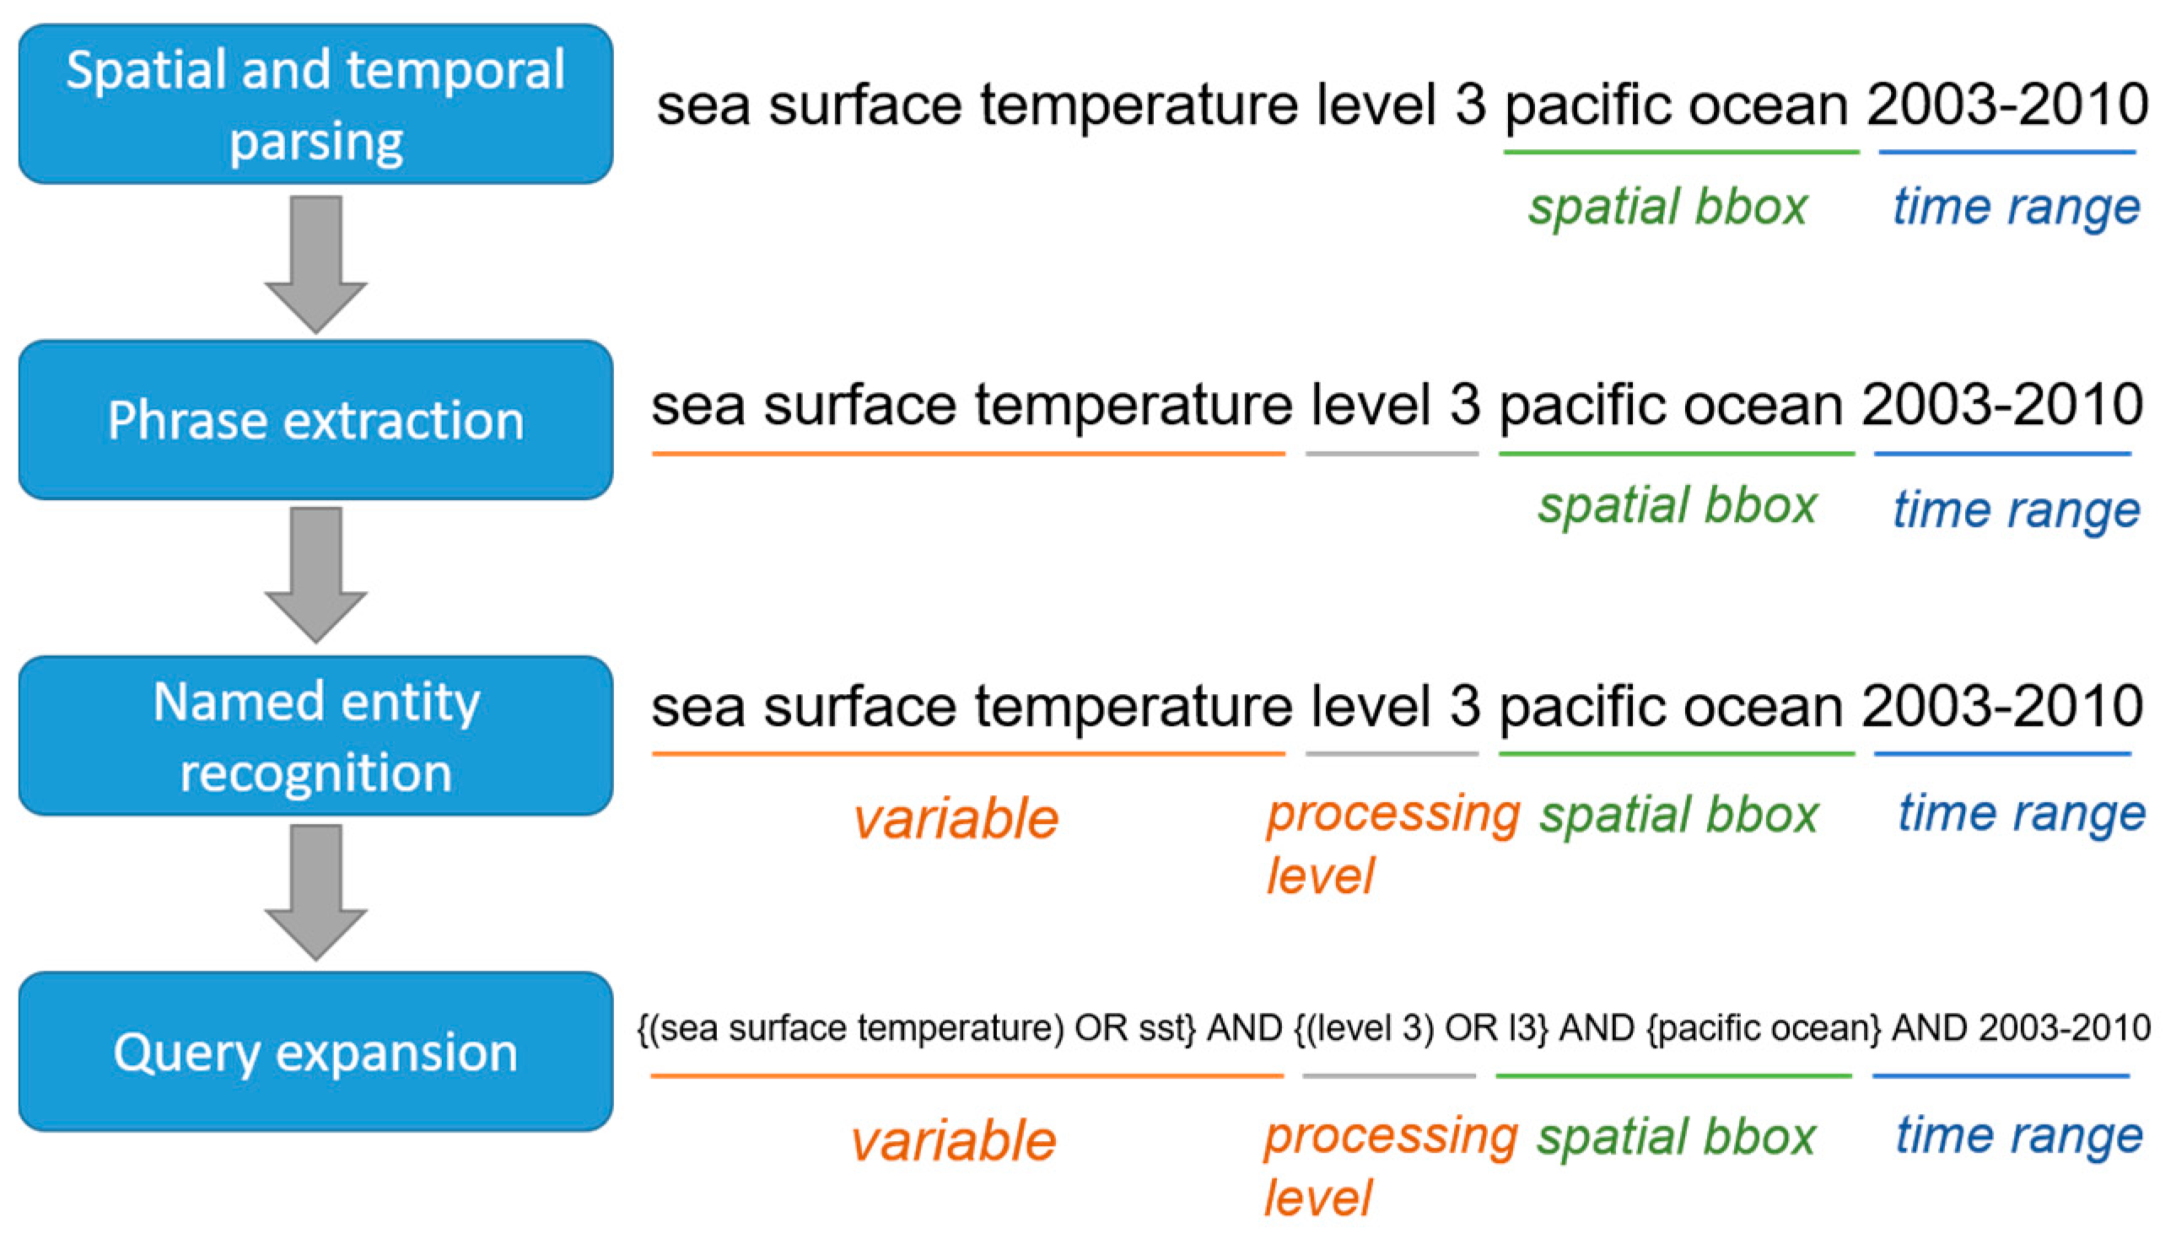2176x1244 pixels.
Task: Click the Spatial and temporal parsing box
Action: pos(315,104)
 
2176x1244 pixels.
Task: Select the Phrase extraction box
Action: pos(315,419)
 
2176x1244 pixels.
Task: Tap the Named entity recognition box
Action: pos(315,735)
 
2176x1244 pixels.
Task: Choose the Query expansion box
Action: pos(315,1052)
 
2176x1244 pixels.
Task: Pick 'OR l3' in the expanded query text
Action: pos(1495,1028)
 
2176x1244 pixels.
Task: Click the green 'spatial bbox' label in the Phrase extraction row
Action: pos(1676,505)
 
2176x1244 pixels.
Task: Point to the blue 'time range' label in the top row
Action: pos(2016,206)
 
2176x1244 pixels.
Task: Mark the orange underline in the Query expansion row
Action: pos(967,1075)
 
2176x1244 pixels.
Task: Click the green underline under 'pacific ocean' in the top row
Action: pos(1680,152)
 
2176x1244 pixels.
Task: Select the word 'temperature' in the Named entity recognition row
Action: pos(1133,707)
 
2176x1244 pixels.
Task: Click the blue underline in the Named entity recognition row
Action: pos(2001,754)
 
